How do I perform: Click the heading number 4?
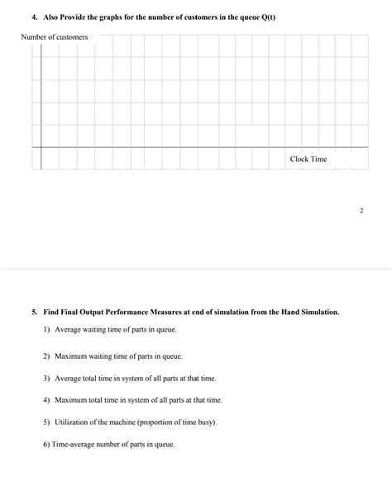click(x=25, y=16)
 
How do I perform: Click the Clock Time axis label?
click(x=308, y=159)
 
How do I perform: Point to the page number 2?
click(x=361, y=211)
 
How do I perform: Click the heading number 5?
click(x=34, y=313)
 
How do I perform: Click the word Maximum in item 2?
click(x=72, y=356)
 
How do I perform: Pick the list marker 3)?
click(x=46, y=378)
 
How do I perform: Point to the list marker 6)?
click(x=45, y=444)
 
